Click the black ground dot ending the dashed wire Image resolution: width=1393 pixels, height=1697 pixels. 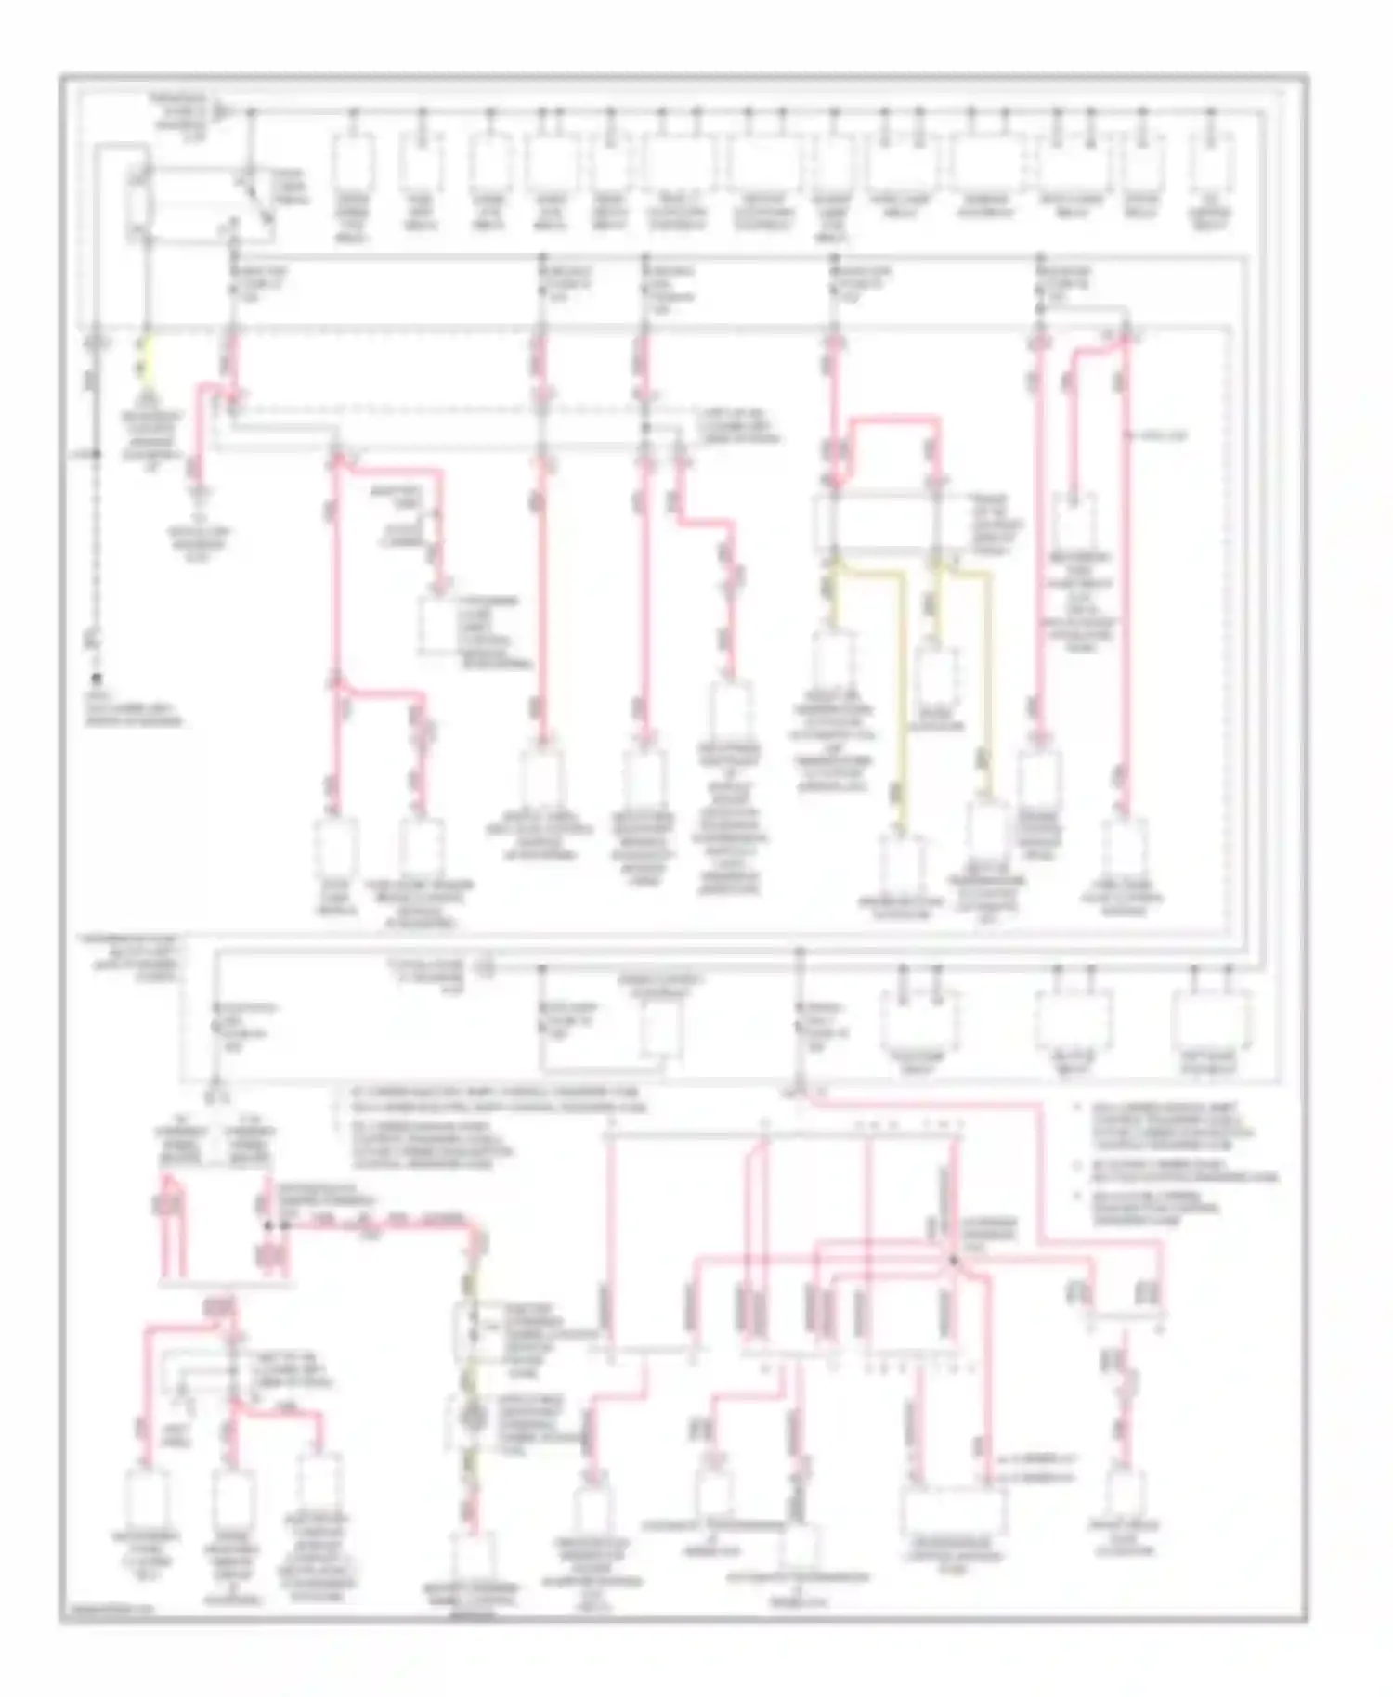[x=95, y=679]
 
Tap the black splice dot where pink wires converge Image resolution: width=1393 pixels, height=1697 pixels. [x=953, y=1260]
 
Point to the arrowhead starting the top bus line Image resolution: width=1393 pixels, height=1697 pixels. [x=220, y=112]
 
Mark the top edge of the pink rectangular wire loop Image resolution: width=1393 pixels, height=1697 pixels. [x=892, y=420]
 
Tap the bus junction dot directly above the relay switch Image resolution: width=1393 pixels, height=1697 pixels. [x=251, y=112]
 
